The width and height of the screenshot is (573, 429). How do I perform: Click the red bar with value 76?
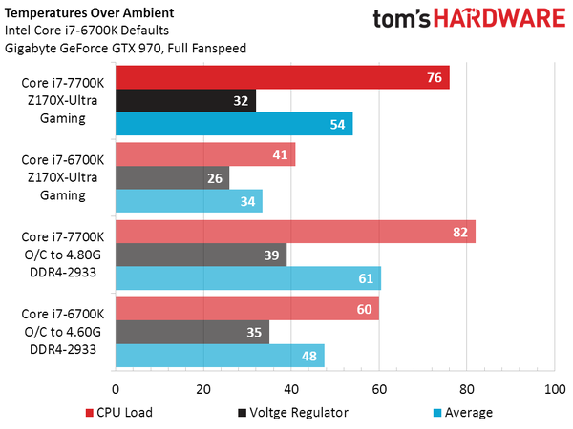coord(282,77)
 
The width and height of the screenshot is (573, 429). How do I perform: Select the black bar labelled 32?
coord(185,100)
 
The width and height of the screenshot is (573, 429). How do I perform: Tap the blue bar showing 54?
coord(234,124)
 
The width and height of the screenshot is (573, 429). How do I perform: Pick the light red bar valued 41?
coord(205,154)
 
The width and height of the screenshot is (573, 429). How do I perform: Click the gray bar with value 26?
coord(172,177)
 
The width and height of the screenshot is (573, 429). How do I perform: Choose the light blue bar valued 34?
coord(189,201)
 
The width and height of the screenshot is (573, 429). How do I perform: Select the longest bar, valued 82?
coord(295,232)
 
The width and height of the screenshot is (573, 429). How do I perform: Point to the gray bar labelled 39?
coord(201,255)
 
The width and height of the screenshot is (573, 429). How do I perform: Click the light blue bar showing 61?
coord(248,278)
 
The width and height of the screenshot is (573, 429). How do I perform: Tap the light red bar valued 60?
coord(247,309)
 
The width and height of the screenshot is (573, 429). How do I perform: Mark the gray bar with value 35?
coord(192,332)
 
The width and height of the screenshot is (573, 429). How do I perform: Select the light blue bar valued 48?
coord(220,356)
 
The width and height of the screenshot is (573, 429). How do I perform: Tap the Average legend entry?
coord(462,412)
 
